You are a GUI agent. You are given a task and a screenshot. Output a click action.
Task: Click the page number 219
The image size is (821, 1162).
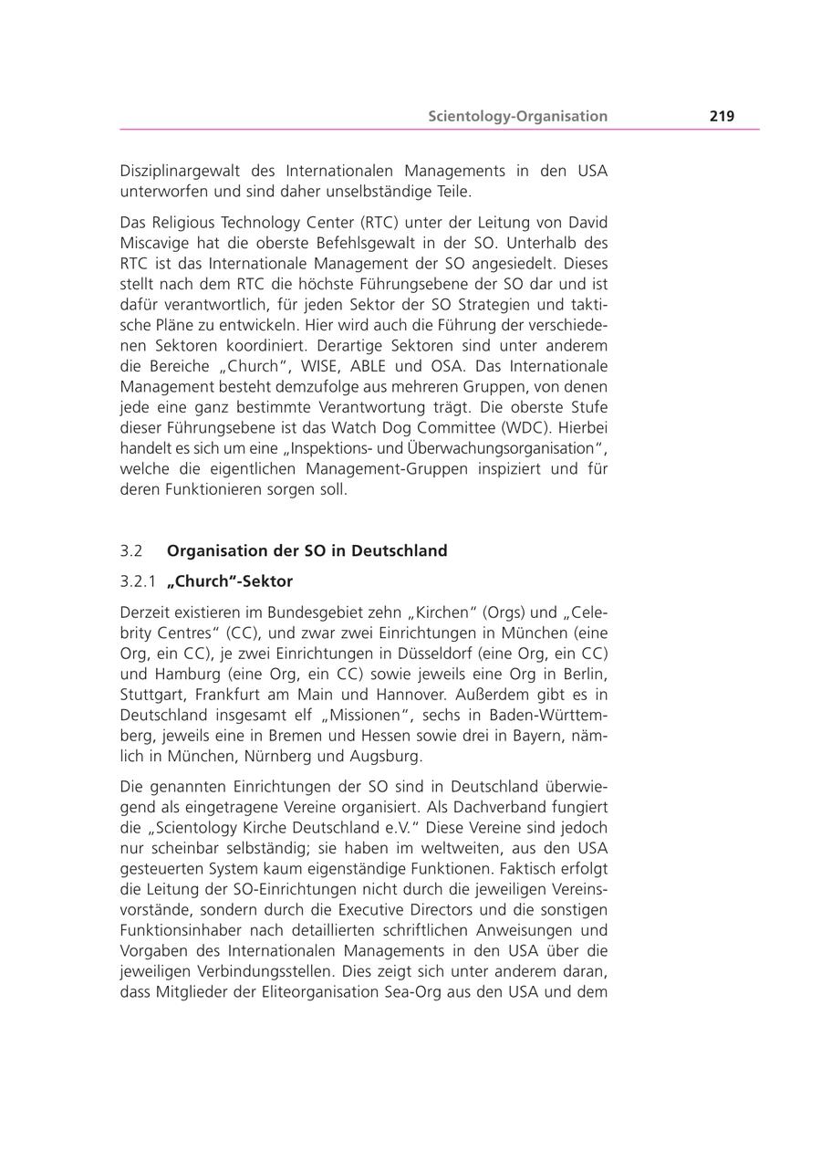[722, 116]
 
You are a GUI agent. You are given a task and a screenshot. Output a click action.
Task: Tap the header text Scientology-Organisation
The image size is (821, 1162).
[518, 116]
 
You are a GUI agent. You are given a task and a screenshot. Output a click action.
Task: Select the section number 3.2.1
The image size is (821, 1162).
[138, 581]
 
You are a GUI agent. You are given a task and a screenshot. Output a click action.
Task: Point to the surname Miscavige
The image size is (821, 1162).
[157, 244]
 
